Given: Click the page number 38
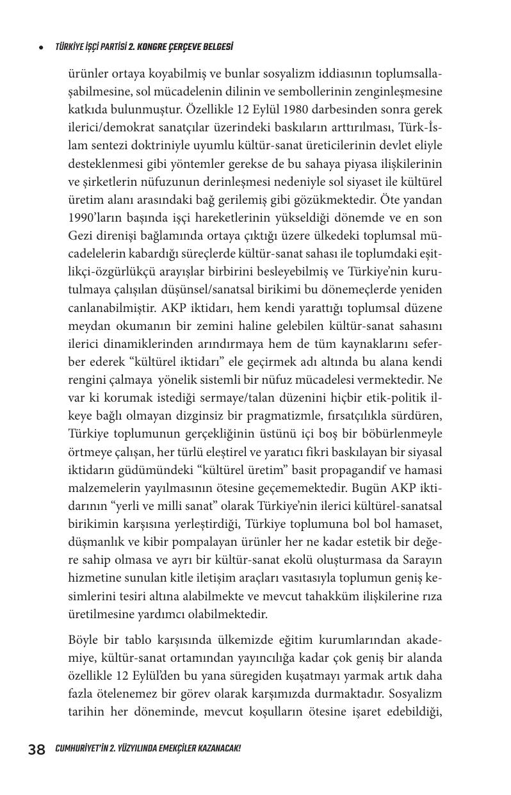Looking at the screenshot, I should coord(36,749).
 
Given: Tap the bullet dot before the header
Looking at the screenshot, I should coord(42,47).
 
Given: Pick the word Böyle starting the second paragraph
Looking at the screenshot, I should coord(83,640).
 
